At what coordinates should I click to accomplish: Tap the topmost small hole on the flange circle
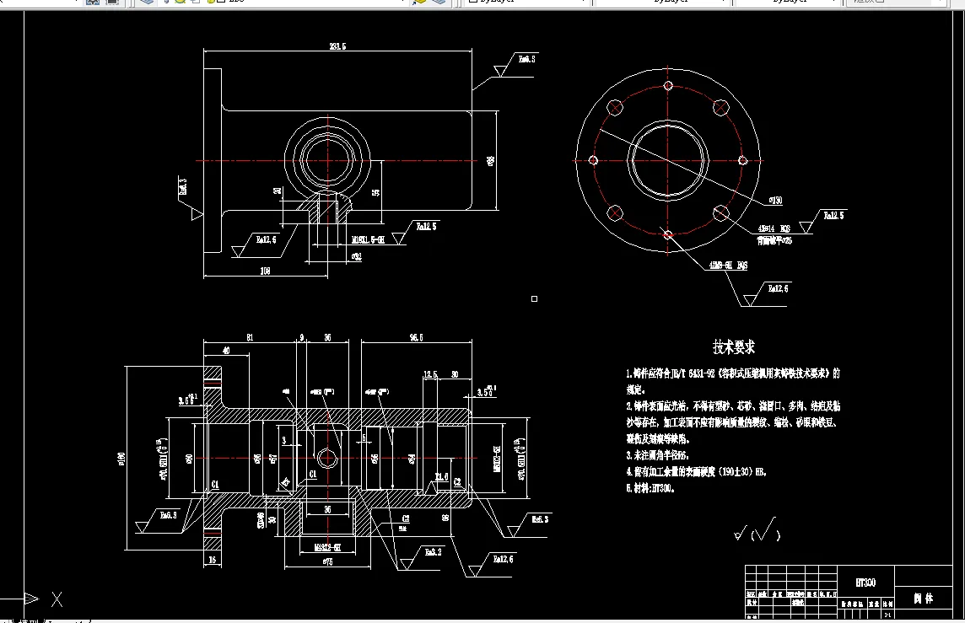668,85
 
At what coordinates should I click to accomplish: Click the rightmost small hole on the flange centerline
743,160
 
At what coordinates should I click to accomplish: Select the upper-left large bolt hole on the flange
616,108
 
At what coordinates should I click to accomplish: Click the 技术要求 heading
733,347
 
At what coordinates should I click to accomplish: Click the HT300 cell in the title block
865,582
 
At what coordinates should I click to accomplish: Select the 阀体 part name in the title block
924,599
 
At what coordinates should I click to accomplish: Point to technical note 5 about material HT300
650,488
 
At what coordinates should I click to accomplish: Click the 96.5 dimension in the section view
415,337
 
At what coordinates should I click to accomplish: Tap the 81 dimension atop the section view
251,337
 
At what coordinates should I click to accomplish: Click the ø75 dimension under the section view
324,560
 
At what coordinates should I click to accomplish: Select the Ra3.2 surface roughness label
433,552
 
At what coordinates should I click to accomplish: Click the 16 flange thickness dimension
212,559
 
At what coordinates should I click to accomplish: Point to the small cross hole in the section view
327,459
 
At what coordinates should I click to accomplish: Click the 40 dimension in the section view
225,351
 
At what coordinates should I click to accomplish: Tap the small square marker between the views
534,298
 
